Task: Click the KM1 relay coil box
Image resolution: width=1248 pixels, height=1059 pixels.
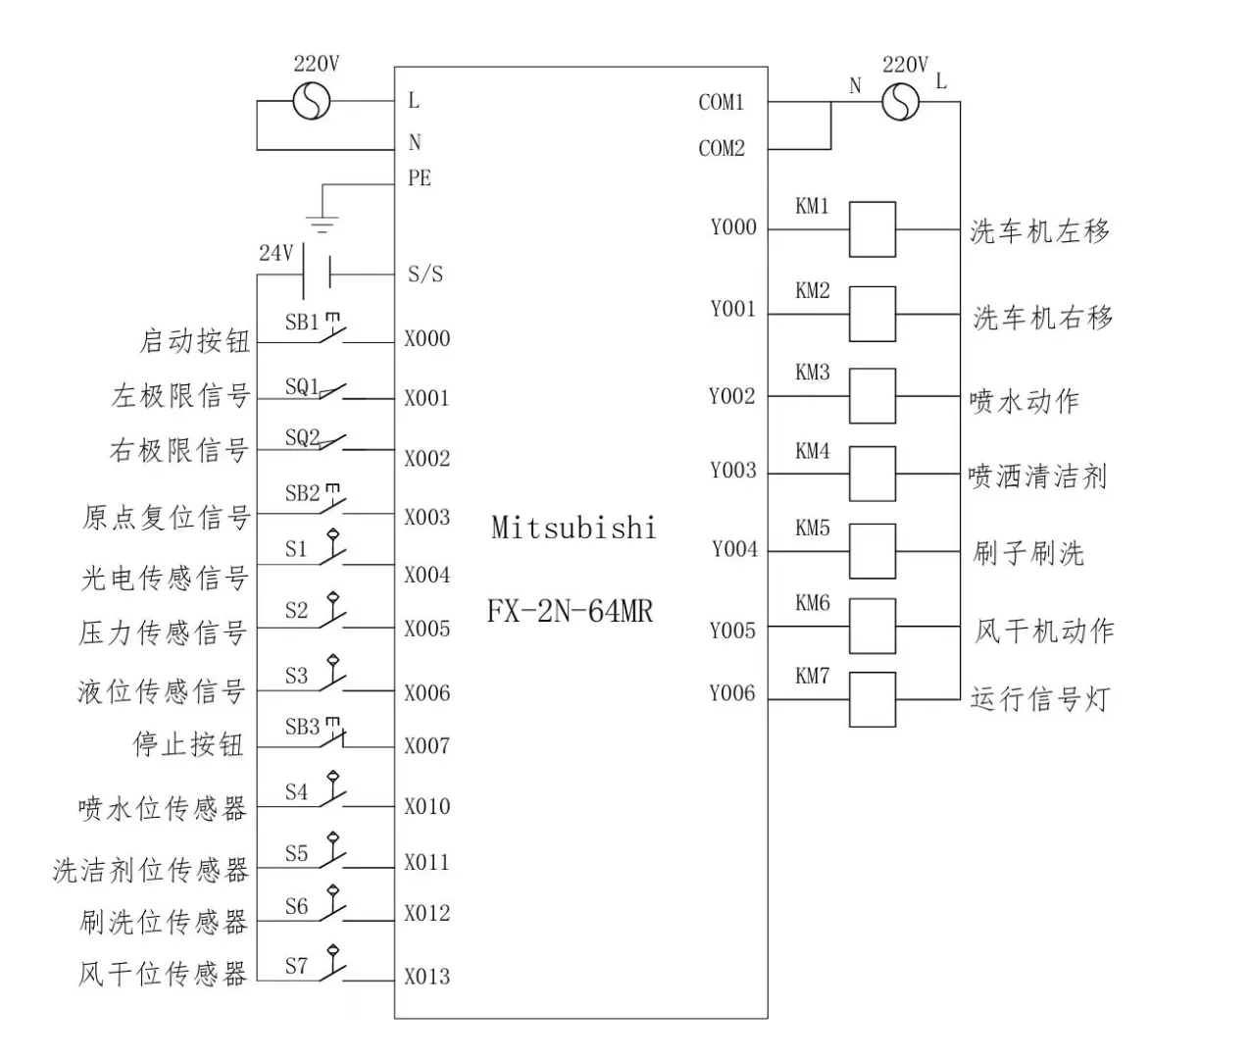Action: tap(872, 229)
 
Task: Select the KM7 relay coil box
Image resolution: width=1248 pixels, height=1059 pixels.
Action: tap(872, 699)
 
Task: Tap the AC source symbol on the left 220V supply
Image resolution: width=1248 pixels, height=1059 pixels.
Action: tap(313, 102)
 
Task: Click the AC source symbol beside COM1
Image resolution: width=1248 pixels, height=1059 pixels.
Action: tap(901, 102)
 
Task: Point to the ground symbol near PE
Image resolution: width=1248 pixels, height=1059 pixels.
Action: tap(323, 223)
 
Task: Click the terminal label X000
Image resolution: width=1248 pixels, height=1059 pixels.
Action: tap(427, 339)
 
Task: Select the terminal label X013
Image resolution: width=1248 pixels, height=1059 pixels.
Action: tap(427, 977)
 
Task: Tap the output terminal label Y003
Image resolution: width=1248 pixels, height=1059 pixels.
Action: tap(733, 471)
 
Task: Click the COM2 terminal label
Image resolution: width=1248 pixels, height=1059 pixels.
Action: tap(722, 149)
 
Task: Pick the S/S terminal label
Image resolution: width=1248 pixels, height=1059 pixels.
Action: tap(425, 275)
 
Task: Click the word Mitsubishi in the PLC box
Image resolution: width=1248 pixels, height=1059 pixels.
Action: tap(574, 529)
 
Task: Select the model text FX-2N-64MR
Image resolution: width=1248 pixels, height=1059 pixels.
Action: tap(570, 612)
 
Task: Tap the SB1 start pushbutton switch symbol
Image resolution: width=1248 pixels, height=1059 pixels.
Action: tap(331, 331)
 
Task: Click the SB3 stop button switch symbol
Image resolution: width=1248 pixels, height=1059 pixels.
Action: tap(331, 735)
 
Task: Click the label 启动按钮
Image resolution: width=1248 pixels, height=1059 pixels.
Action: tap(195, 341)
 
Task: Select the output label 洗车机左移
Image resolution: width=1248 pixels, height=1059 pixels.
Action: tap(1040, 231)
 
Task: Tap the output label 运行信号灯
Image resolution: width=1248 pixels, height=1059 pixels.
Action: tap(1040, 699)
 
